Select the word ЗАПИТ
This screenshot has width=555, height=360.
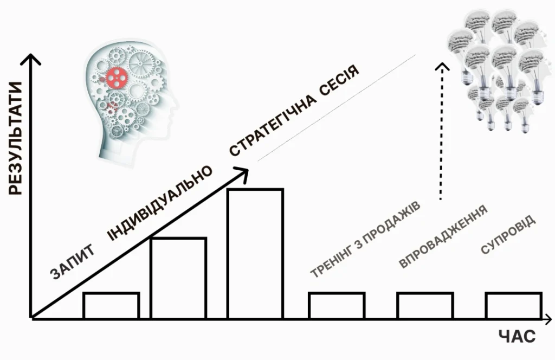click(74, 262)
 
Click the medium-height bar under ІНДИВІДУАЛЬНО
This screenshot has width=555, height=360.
click(178, 278)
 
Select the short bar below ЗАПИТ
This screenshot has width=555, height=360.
click(111, 305)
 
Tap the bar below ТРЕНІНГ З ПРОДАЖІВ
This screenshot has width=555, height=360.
click(337, 305)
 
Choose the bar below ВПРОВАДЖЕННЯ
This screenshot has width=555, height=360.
click(425, 305)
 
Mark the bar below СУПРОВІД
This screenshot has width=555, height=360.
click(513, 305)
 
